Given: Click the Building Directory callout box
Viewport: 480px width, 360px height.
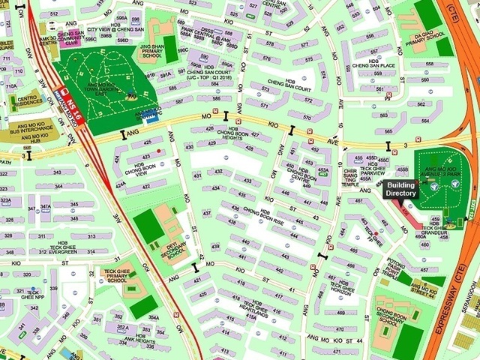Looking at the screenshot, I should [x=400, y=189].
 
